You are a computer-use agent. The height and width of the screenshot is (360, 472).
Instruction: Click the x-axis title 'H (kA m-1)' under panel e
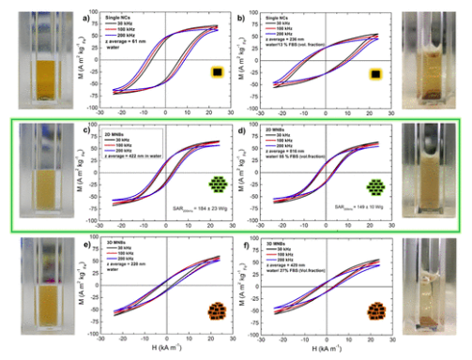point(164,351)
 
